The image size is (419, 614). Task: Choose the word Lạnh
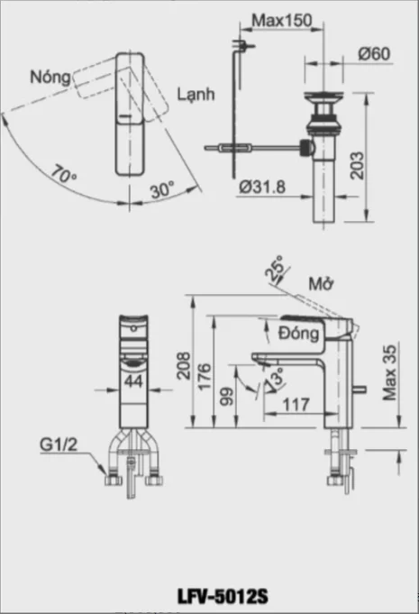click(x=196, y=95)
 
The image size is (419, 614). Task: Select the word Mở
click(x=321, y=283)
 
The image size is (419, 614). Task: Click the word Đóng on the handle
click(x=299, y=334)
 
